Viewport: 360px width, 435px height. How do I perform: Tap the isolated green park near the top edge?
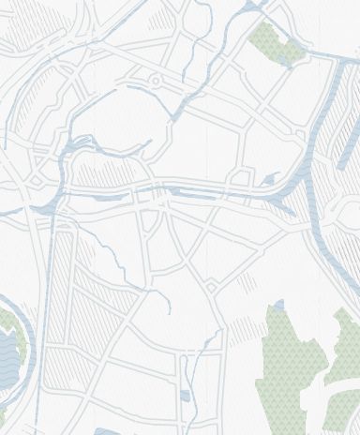(275, 43)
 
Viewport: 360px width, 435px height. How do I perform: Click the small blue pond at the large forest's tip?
(278, 305)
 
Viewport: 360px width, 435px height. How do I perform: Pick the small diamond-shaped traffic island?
(212, 286)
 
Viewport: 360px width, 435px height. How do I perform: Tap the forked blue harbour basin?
(80, 145)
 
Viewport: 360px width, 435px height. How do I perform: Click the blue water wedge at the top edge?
(251, 7)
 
